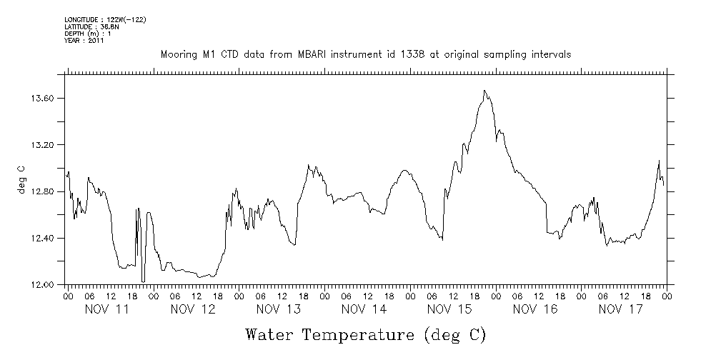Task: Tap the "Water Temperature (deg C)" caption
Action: tap(366, 334)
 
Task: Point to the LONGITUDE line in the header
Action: tap(105, 19)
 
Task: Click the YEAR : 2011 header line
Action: tap(84, 41)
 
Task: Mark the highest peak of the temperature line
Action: tap(484, 91)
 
